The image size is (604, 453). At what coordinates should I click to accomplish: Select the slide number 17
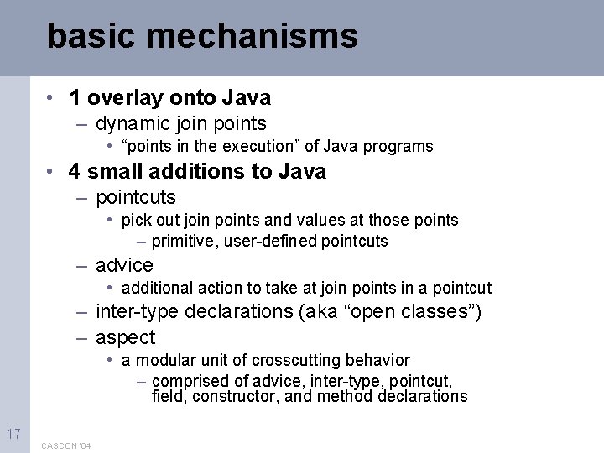13,434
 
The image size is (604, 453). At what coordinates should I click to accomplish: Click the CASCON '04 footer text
66,445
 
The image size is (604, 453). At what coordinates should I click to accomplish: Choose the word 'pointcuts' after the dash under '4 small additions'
136,198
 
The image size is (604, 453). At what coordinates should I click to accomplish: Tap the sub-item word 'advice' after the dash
124,266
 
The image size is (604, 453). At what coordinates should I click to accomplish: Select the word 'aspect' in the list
126,337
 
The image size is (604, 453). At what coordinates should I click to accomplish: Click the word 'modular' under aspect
161,361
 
